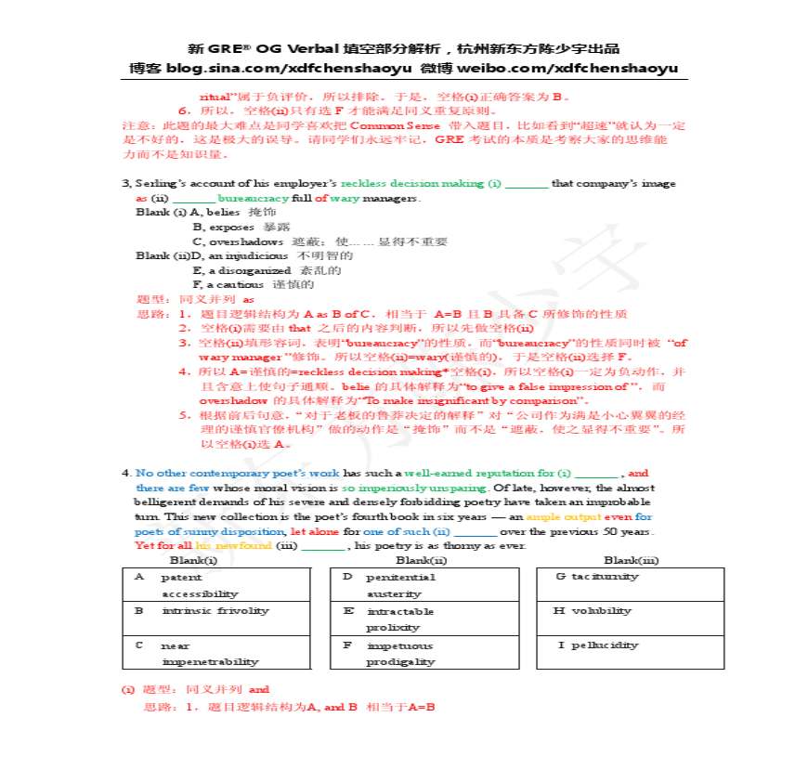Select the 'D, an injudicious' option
point(228,255)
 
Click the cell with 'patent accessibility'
point(216,585)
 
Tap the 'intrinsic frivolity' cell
point(216,611)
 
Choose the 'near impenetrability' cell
point(216,653)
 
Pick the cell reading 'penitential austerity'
point(424,585)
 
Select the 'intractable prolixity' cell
point(424,619)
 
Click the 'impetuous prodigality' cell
point(424,653)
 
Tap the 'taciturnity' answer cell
point(630,577)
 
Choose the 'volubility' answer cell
point(630,611)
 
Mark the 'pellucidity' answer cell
point(630,645)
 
